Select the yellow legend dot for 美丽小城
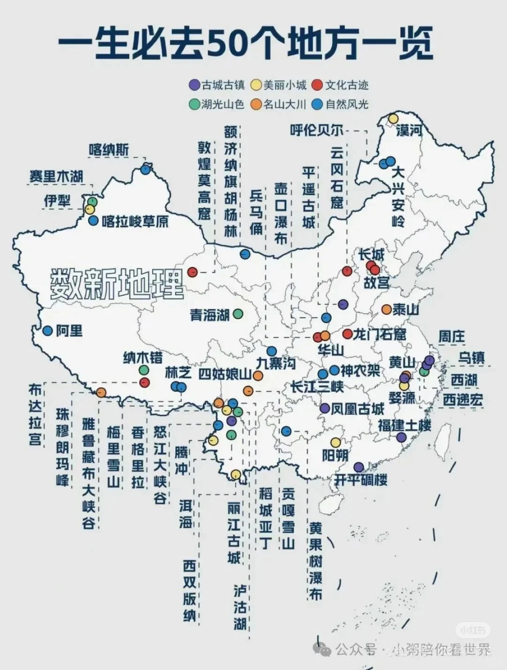256,85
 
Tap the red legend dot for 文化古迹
318,85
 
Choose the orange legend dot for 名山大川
256,104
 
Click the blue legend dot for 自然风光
318,104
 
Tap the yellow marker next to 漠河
393,119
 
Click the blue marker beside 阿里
47,331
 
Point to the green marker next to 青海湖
238,313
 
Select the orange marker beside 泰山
386,310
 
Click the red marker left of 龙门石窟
347,334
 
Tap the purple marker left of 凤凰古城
324,408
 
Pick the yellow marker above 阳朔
335,442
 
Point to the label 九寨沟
276,363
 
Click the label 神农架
360,371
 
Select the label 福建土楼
405,426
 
